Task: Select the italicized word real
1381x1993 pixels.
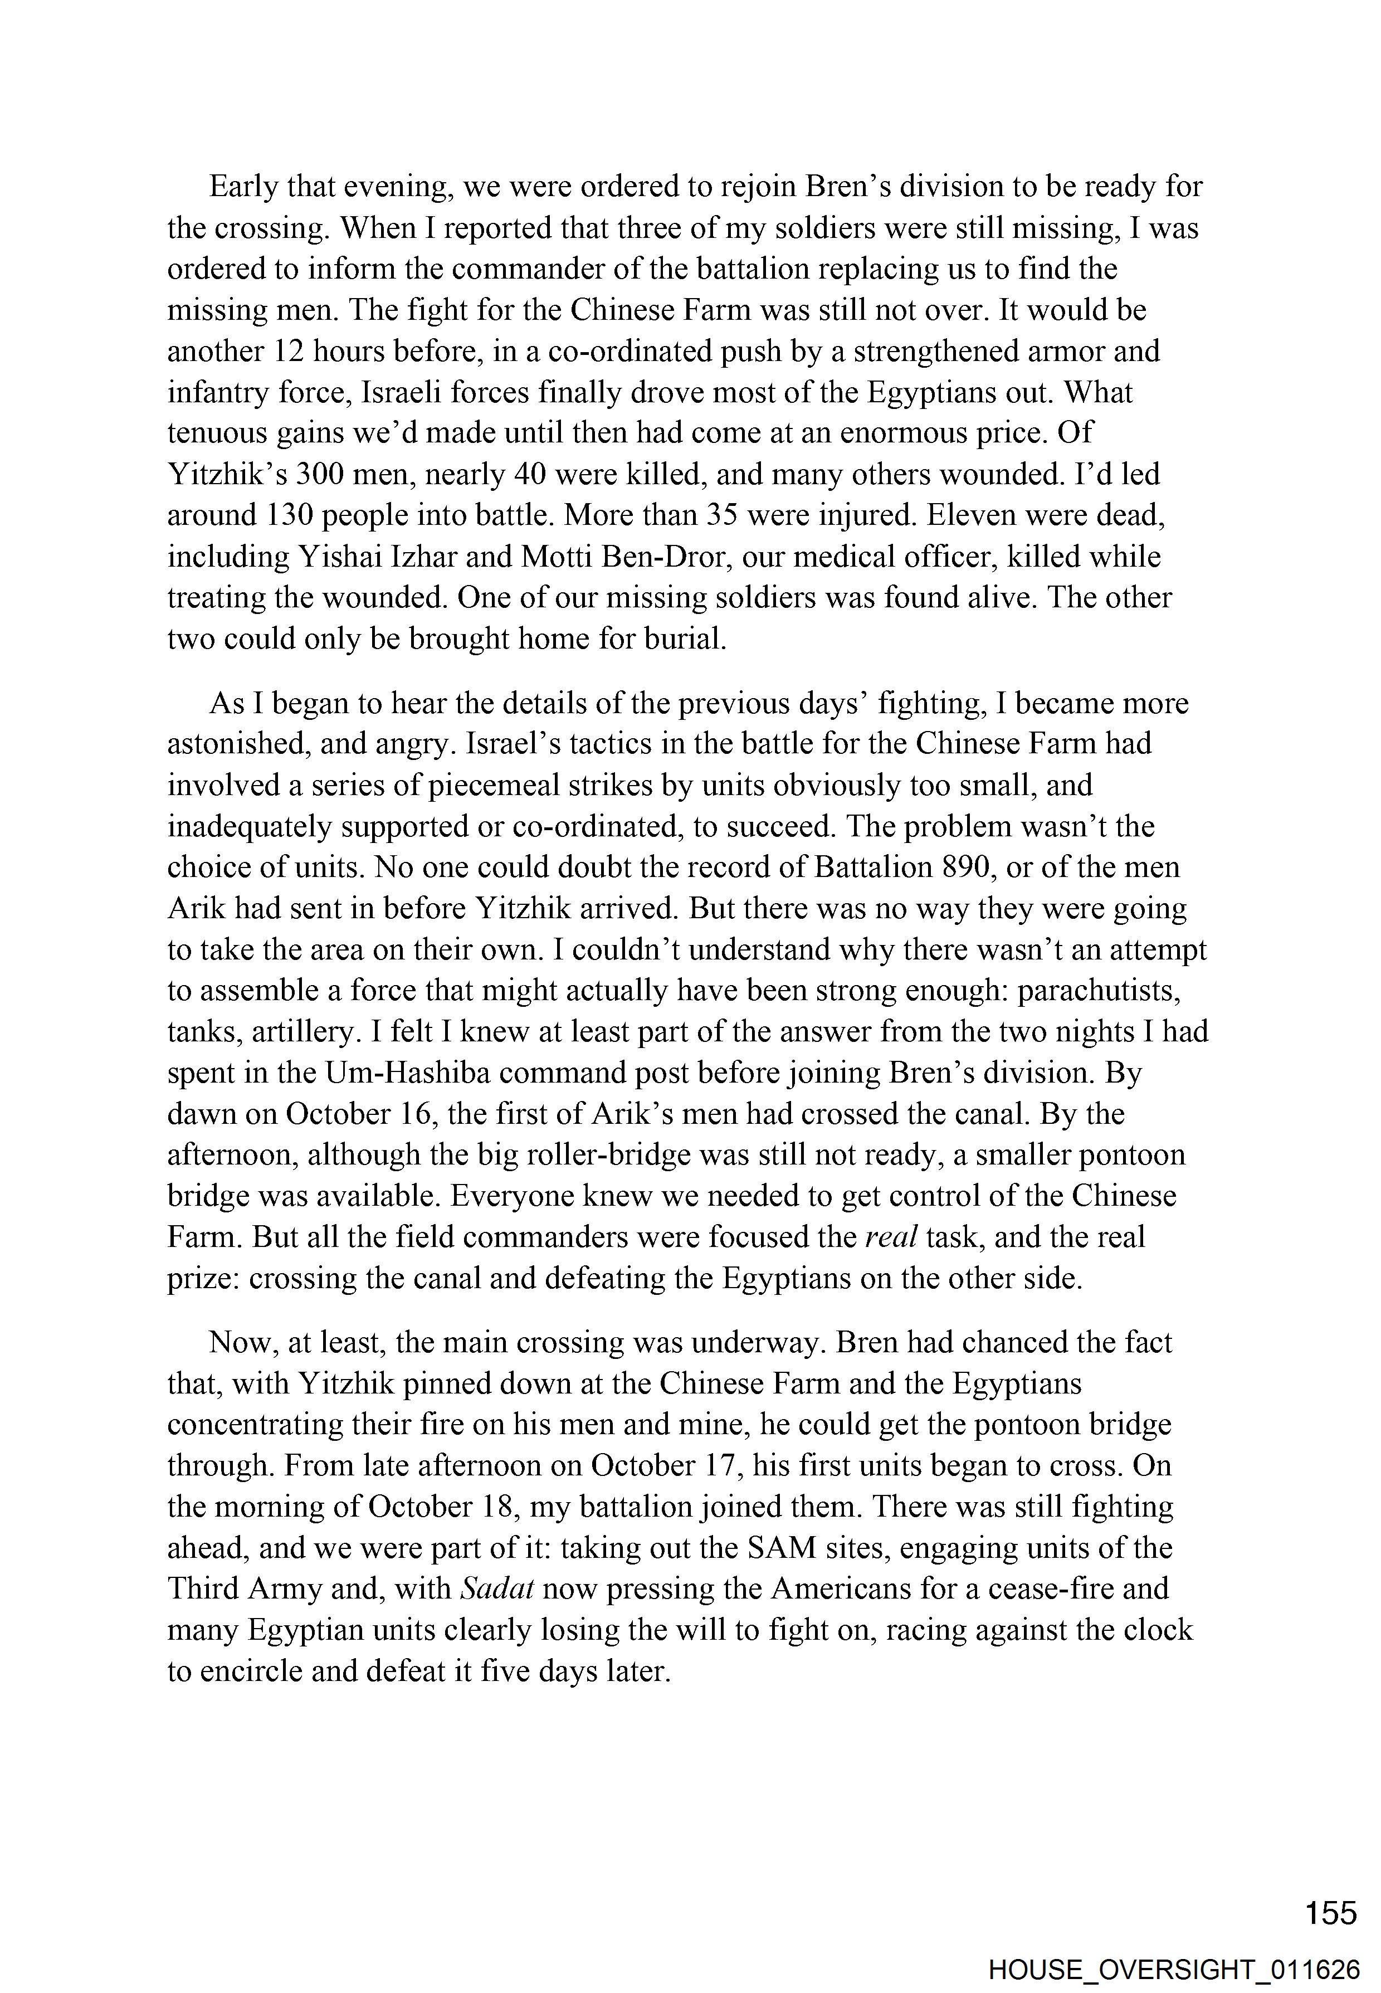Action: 891,1237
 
